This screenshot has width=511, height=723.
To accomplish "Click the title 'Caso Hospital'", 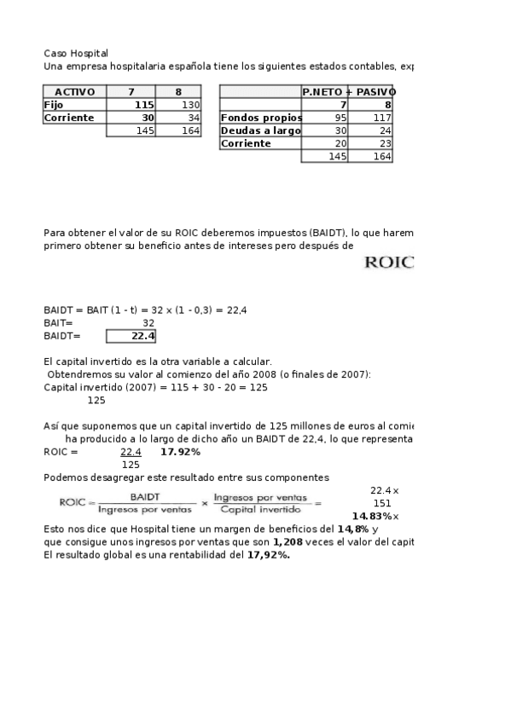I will click(76, 53).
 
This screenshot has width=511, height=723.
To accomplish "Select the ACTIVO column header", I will click(74, 92).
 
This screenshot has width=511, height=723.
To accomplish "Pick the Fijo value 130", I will click(189, 105).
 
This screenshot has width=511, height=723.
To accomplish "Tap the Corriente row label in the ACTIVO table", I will click(69, 118).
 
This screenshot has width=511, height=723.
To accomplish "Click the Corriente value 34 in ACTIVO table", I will click(193, 118).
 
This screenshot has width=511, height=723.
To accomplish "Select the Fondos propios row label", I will click(260, 118).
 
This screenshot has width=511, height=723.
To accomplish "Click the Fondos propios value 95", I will click(340, 118).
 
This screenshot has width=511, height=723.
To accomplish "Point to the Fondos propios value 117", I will click(381, 118).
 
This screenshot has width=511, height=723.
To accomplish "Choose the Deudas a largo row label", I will click(260, 130).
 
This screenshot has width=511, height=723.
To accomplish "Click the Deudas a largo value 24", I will click(385, 130).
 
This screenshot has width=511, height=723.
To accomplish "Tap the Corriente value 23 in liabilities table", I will click(385, 143).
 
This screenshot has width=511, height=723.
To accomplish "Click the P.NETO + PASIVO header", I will click(347, 92).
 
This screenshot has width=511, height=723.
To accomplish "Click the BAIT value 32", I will click(148, 323).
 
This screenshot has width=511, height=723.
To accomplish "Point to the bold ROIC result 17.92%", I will click(180, 452).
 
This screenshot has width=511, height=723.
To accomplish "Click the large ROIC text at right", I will click(389, 263).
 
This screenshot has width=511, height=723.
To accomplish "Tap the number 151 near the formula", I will click(383, 504).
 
